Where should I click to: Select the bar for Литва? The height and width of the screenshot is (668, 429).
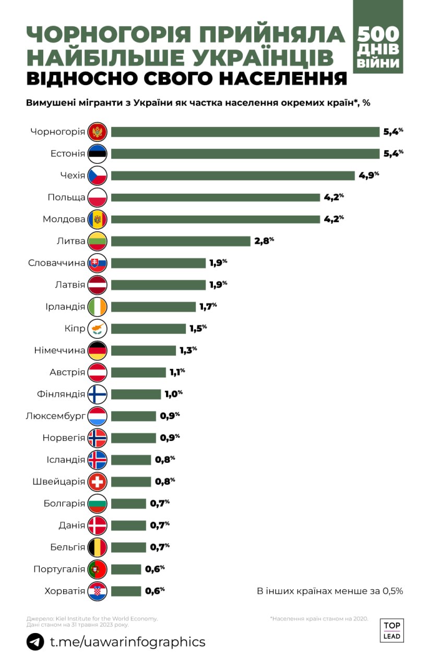(x=181, y=241)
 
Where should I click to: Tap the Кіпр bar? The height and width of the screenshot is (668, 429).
(x=148, y=329)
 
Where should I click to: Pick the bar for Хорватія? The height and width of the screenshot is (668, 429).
(x=126, y=591)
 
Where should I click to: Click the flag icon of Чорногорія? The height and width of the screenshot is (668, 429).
(x=98, y=132)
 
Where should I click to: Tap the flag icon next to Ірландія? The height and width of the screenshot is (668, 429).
(x=98, y=307)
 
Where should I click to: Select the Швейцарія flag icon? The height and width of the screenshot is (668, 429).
(x=98, y=482)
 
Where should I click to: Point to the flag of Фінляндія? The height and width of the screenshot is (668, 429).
(x=98, y=394)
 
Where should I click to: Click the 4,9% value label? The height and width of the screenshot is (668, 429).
(x=368, y=175)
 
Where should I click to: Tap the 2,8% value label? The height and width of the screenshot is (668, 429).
(x=264, y=241)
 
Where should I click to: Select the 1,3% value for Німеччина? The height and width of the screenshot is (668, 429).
(x=188, y=350)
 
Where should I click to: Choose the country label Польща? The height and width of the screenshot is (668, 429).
(x=66, y=197)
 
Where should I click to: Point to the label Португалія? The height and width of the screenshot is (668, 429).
(x=59, y=569)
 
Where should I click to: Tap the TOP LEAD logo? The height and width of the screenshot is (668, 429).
(x=392, y=630)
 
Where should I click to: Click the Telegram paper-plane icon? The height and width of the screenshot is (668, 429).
(x=35, y=641)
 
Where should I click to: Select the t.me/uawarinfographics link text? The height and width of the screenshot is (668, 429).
(x=128, y=641)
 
